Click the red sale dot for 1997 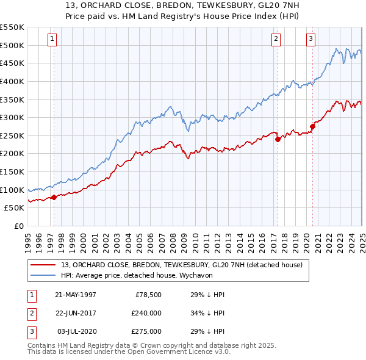(x=54, y=196)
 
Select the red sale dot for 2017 (x=278, y=139)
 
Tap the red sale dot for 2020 (x=312, y=126)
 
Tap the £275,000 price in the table (x=147, y=331)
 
